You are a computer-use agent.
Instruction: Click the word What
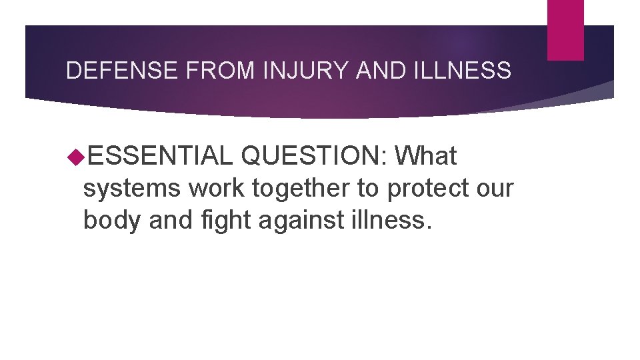click(425, 157)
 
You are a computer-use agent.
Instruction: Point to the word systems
click(132, 189)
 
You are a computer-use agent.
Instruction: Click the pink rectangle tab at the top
click(565, 30)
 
